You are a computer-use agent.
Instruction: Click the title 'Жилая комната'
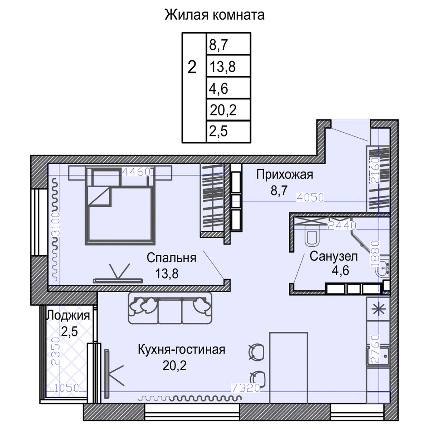tap(214, 15)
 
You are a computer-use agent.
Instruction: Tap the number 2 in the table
tap(192, 67)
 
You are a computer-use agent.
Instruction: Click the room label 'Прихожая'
tap(285, 174)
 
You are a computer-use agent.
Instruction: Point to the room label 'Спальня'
tap(171, 258)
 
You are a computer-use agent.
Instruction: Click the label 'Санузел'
tap(334, 256)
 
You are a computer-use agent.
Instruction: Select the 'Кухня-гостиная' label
tap(181, 349)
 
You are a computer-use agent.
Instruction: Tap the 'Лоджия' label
tap(68, 315)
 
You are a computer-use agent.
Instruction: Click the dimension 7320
tap(246, 388)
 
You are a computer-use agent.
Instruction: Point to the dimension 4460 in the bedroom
tap(136, 172)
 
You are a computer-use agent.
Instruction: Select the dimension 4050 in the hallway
tap(310, 197)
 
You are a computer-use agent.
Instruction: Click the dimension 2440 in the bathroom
tap(342, 225)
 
